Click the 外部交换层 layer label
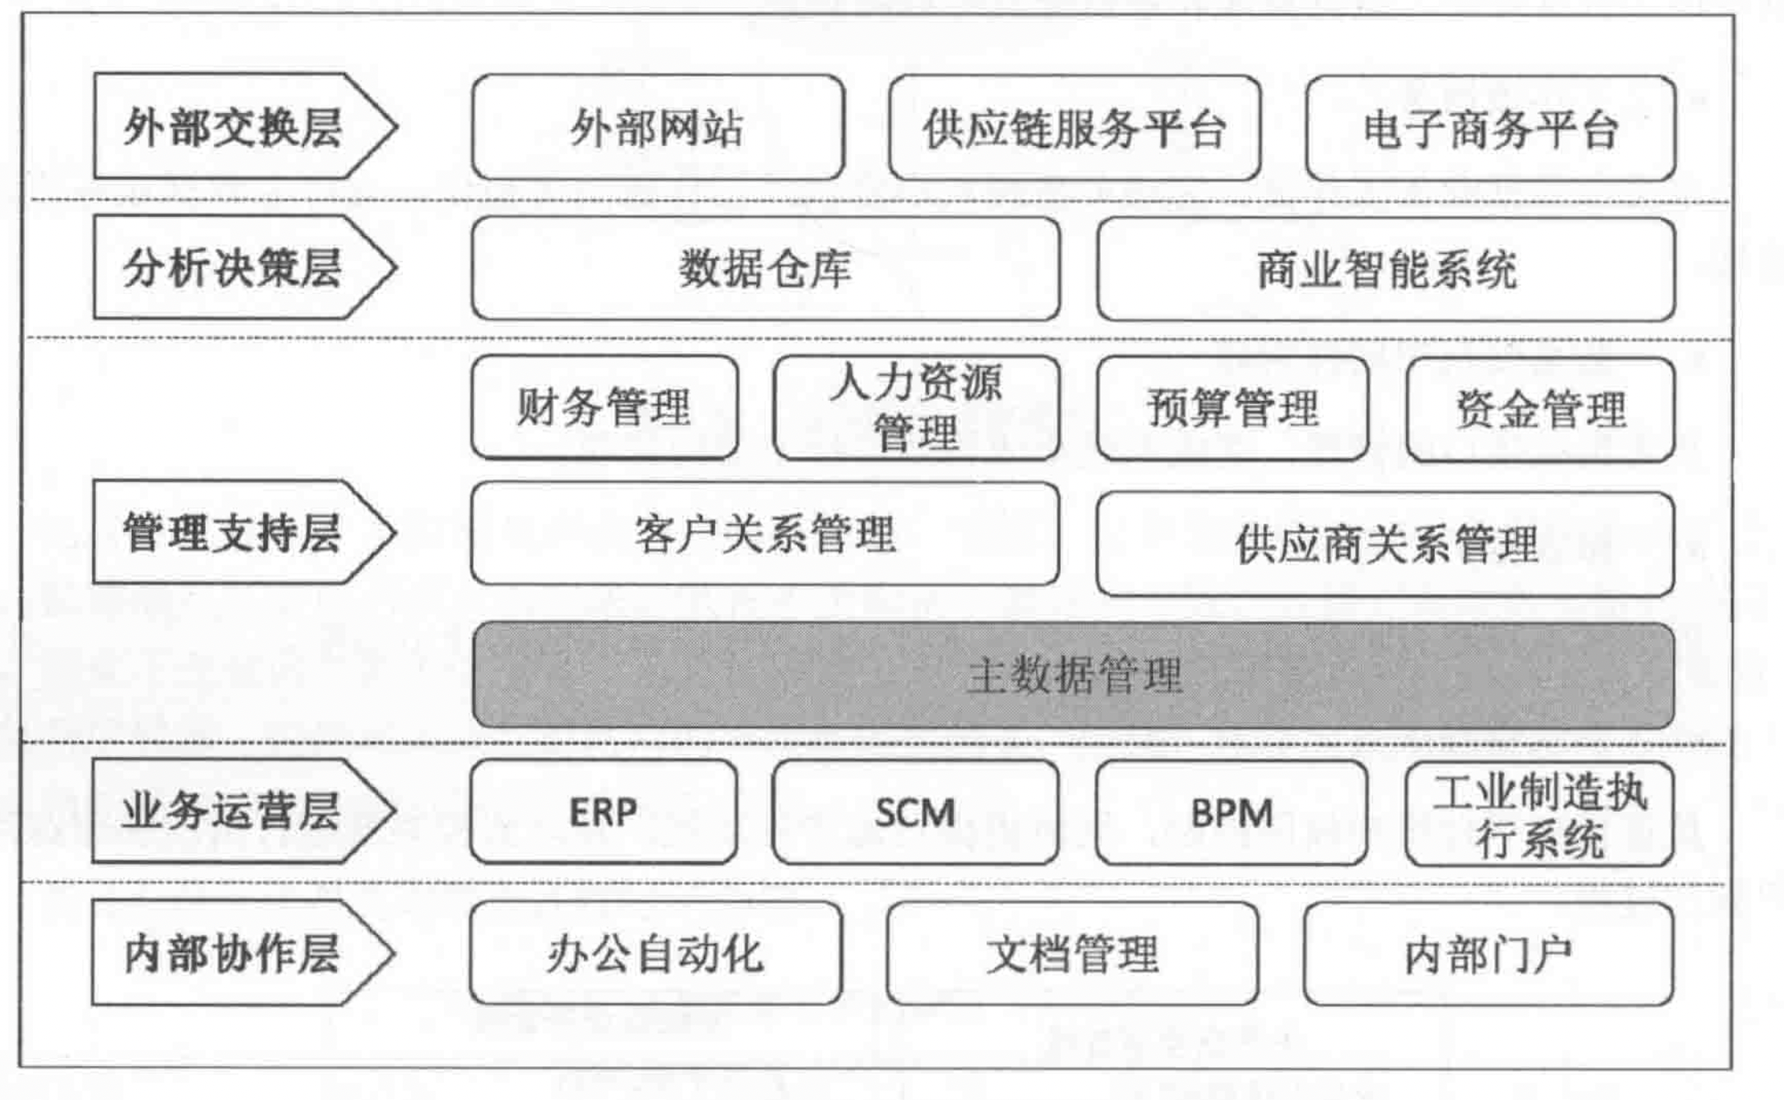233,127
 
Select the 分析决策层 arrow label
233,268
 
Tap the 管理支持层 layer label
233,532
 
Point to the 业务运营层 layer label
233,812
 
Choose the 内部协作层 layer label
233,954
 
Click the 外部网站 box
658,128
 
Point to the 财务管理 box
605,408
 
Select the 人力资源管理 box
916,408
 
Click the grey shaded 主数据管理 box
1073,675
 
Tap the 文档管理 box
1073,954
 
